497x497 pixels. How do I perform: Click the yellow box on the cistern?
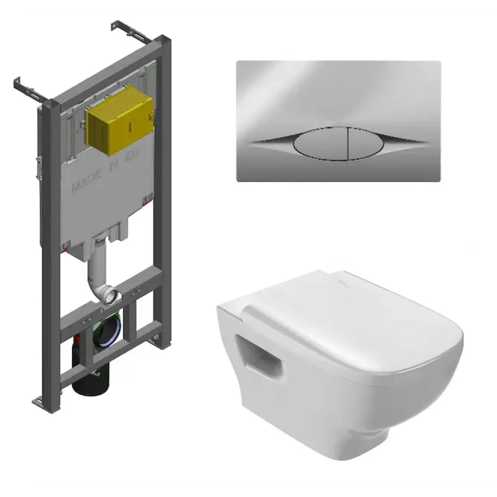click(120, 120)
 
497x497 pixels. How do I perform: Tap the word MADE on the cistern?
click(87, 183)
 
